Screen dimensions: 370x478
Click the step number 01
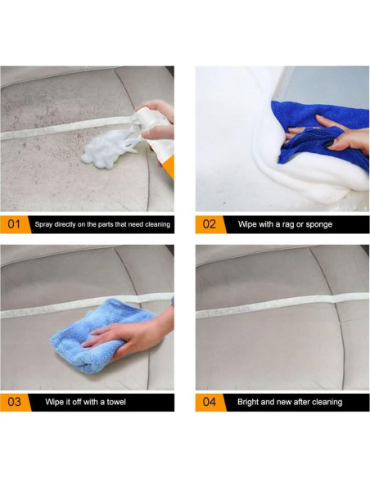(x=14, y=224)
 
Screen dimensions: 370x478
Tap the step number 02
(x=210, y=224)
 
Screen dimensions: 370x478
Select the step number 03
(x=14, y=402)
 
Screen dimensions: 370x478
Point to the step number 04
(x=210, y=402)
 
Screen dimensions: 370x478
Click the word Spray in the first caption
(x=43, y=224)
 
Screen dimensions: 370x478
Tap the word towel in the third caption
(x=116, y=402)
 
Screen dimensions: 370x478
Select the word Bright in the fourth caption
(x=248, y=402)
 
